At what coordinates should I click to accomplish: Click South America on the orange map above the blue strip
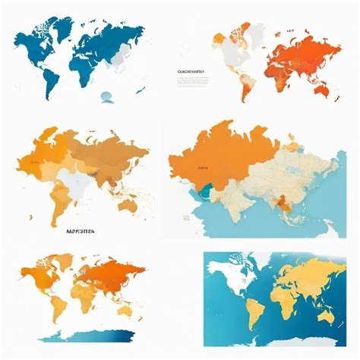point(55,308)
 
